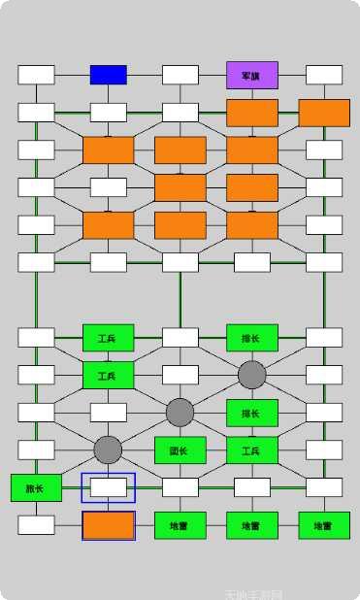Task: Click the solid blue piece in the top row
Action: [108, 75]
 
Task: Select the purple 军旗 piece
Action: [252, 75]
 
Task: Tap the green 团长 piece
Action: [180, 450]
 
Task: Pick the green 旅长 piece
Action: [36, 487]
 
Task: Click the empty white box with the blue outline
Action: [108, 487]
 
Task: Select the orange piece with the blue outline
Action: [108, 525]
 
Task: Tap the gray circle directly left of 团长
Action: [108, 450]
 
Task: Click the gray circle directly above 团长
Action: [180, 413]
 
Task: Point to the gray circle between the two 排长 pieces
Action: [252, 375]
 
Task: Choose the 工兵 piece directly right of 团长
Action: [252, 450]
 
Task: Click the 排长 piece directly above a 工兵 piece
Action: [252, 413]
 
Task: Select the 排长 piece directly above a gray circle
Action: [252, 337]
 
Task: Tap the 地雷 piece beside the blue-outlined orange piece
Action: [180, 525]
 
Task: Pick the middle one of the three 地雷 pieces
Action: [252, 525]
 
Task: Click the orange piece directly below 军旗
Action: [252, 113]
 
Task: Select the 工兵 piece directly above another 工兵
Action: [108, 337]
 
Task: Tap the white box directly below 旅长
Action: [36, 525]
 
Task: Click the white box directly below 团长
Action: [180, 487]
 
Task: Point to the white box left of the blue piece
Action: [36, 75]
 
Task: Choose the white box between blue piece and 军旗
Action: [180, 75]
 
